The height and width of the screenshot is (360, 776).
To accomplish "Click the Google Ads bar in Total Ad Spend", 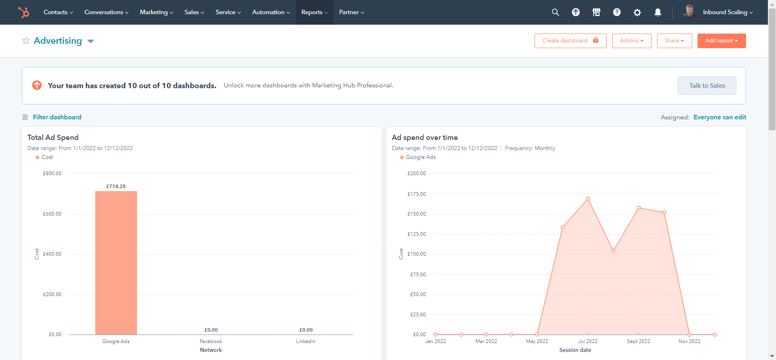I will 116,263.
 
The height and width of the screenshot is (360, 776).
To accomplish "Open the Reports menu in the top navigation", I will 314,12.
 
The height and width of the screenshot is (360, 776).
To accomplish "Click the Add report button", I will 721,41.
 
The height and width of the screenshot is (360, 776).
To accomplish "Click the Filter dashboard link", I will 57,117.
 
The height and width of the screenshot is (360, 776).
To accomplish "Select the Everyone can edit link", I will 719,117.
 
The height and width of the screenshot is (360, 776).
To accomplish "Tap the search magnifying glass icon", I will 555,13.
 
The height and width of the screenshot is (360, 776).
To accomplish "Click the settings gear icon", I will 637,13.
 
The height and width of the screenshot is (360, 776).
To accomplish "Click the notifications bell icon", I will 658,13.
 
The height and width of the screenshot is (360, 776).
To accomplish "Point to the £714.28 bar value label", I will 116,186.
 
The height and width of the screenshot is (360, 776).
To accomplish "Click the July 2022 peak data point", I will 588,199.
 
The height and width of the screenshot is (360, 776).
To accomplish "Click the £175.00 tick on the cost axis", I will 417,194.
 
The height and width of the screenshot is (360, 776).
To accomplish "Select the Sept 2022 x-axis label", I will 639,341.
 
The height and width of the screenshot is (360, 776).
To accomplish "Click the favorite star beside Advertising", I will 26,41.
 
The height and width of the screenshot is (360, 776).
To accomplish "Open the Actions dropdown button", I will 631,41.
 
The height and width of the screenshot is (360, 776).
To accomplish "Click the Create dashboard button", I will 570,41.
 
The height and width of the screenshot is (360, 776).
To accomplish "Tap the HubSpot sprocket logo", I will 24,13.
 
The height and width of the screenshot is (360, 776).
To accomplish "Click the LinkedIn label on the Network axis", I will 306,341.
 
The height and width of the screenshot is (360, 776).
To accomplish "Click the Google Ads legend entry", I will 420,157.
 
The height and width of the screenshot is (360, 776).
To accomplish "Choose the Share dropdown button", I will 674,41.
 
